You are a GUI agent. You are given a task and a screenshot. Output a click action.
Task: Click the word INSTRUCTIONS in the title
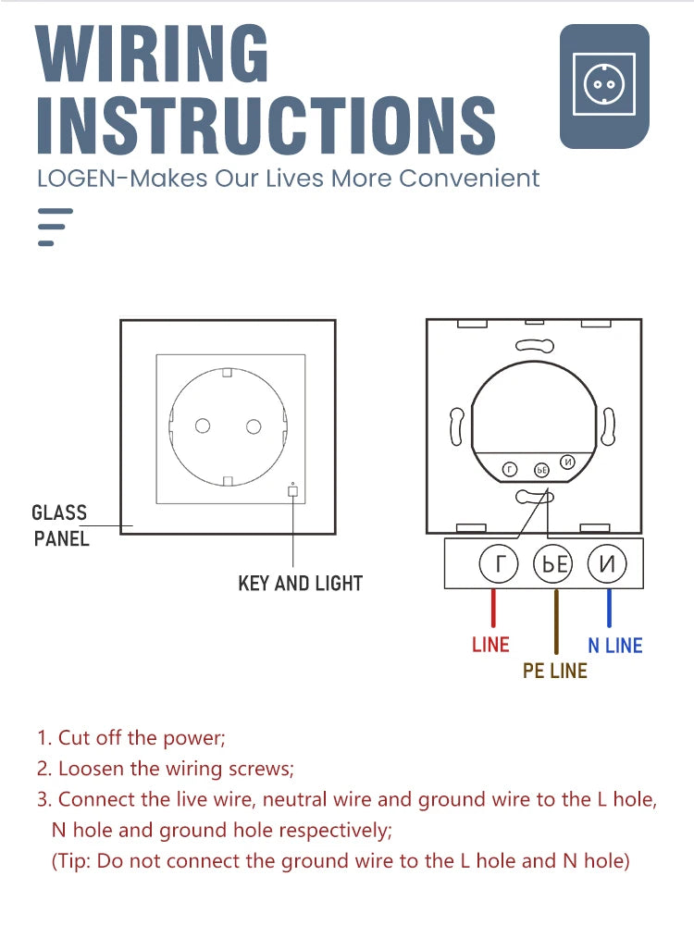coord(266,124)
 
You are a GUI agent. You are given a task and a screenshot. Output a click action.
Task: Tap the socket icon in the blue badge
coord(603,84)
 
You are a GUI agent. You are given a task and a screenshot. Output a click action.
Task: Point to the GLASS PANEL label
coord(60,524)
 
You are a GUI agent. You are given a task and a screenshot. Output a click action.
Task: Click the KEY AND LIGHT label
coord(300,584)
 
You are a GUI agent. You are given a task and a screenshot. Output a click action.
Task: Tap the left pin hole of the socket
coord(202,425)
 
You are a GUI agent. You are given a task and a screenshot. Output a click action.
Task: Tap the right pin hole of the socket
coord(253,425)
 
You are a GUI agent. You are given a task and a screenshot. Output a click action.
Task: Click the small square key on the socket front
coord(292,491)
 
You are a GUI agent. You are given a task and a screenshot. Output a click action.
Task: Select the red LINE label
coord(490,645)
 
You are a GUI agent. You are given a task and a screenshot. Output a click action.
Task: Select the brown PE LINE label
coord(555,671)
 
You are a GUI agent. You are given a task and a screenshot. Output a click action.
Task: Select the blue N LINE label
coord(615,646)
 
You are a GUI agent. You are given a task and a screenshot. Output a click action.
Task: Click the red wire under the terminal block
coord(493,609)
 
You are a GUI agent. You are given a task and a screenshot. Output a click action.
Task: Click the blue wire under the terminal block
coord(609,609)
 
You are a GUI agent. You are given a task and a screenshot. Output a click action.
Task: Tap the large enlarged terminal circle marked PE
coord(553,564)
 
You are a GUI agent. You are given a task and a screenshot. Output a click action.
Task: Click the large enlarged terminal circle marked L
coord(499,564)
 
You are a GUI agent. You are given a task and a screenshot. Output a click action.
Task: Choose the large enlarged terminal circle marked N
coord(606,564)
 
